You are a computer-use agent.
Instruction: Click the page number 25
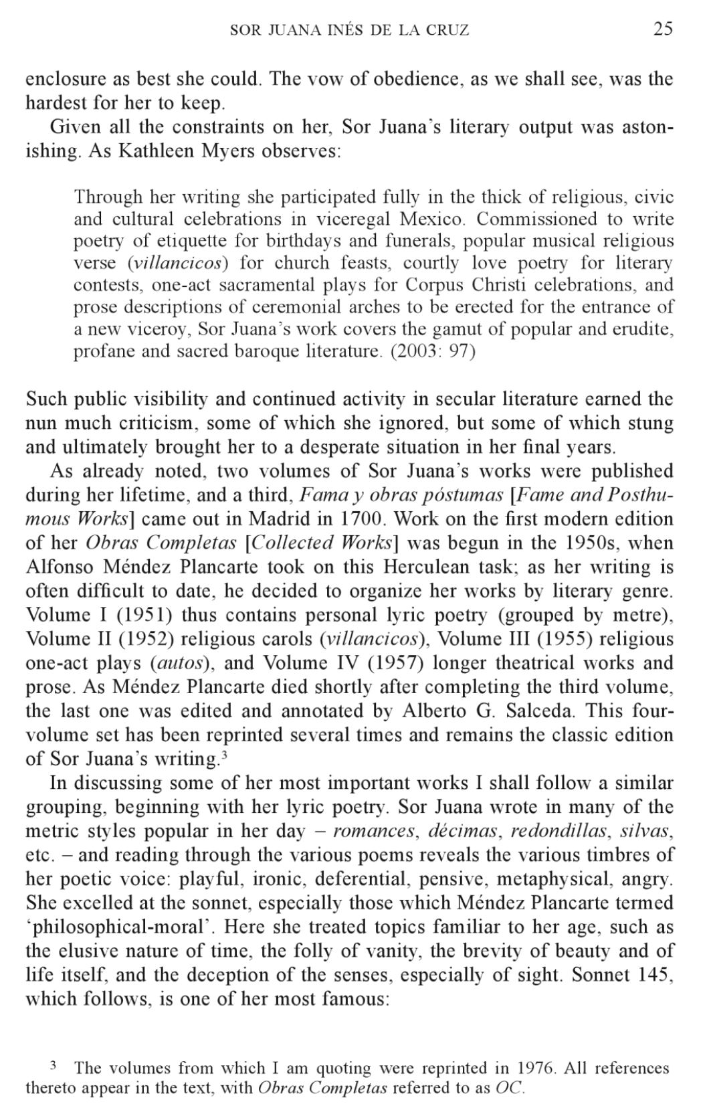[662, 29]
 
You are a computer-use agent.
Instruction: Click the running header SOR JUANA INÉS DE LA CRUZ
[349, 30]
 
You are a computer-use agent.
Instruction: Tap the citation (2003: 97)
[433, 351]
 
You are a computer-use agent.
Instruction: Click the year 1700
[361, 519]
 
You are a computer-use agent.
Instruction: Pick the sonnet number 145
[655, 975]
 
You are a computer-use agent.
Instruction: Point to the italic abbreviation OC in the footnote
[510, 1088]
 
